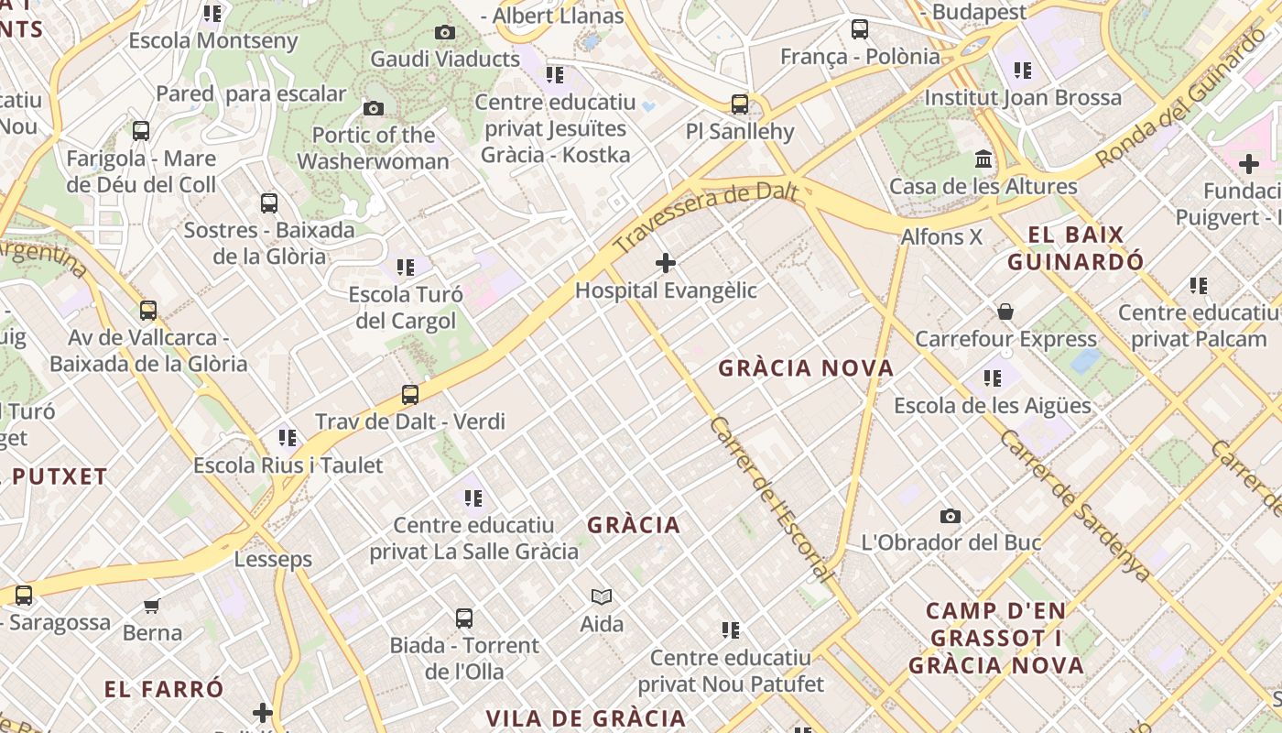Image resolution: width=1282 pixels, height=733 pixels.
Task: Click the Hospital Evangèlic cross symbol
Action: [666, 264]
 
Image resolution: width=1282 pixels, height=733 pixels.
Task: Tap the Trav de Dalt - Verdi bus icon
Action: [410, 396]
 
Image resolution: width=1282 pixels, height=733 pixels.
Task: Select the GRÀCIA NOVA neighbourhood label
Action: [806, 368]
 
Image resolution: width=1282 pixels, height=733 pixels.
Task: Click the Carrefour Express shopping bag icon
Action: [1005, 312]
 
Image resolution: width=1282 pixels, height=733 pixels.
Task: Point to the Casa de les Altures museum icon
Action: [984, 159]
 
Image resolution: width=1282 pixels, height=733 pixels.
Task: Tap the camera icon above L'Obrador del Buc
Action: [951, 517]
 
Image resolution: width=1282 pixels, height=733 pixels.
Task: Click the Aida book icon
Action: [602, 597]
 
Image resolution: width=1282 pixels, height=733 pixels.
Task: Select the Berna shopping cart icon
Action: [152, 606]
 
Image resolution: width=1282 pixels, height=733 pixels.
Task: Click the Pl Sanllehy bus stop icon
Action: [740, 104]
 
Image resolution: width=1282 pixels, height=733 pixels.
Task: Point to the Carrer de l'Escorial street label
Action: [771, 499]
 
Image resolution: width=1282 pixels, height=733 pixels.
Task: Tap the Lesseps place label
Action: [273, 559]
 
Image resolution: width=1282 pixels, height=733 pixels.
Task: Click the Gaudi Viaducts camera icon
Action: [445, 33]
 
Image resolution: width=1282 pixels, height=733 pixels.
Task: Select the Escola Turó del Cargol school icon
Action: [406, 268]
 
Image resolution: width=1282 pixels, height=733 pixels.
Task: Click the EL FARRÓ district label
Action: [164, 689]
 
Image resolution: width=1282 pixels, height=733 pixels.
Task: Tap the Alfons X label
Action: [941, 236]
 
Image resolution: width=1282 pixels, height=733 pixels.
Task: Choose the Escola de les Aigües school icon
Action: [993, 378]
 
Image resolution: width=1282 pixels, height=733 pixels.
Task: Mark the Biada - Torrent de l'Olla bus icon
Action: [464, 618]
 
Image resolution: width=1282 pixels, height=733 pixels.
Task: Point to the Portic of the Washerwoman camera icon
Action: [374, 109]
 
